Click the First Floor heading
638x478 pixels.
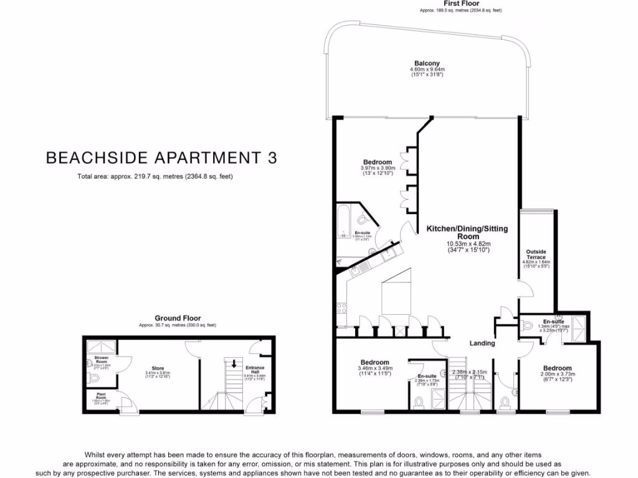point(460,4)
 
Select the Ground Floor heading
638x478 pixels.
point(178,318)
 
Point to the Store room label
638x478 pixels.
point(158,367)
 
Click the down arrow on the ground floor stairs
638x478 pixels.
point(234,364)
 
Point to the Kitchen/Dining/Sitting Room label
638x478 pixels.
point(467,233)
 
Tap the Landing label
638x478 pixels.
point(482,343)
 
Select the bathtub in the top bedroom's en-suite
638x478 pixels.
point(342,220)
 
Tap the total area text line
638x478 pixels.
point(155,177)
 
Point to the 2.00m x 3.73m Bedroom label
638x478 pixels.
point(556,368)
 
